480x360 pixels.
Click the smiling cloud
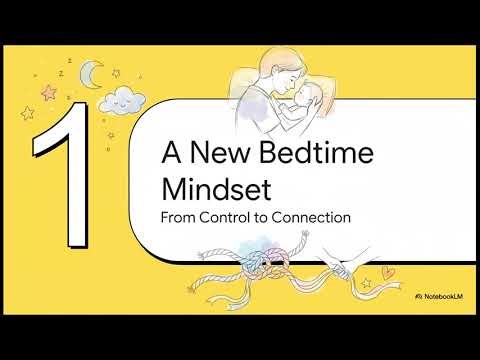[x=122, y=99]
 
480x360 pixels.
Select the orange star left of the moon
[x=47, y=93]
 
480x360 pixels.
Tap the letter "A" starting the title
[x=172, y=155]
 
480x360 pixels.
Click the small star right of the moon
[x=116, y=73]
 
